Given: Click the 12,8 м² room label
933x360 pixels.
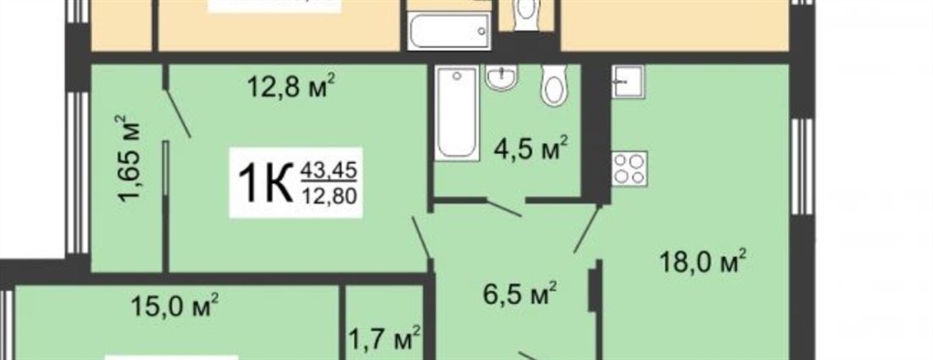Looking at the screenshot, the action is click(291, 88).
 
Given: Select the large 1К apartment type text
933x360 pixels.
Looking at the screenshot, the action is click(265, 182).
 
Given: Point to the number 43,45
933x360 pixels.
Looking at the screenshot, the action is click(328, 170).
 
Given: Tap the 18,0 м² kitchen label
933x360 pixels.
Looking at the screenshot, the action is click(702, 262).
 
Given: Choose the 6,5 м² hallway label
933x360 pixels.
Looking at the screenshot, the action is click(519, 293).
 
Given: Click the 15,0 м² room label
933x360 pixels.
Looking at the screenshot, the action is click(174, 306).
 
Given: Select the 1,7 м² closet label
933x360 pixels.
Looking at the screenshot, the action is click(384, 339).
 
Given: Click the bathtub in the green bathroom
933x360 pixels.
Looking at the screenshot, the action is click(457, 113).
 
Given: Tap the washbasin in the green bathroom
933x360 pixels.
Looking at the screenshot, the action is click(501, 77).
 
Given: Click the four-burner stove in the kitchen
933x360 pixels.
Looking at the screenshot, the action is click(630, 169).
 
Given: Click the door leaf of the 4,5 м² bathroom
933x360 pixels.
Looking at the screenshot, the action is click(504, 208).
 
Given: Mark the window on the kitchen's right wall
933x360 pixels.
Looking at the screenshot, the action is click(802, 167).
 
